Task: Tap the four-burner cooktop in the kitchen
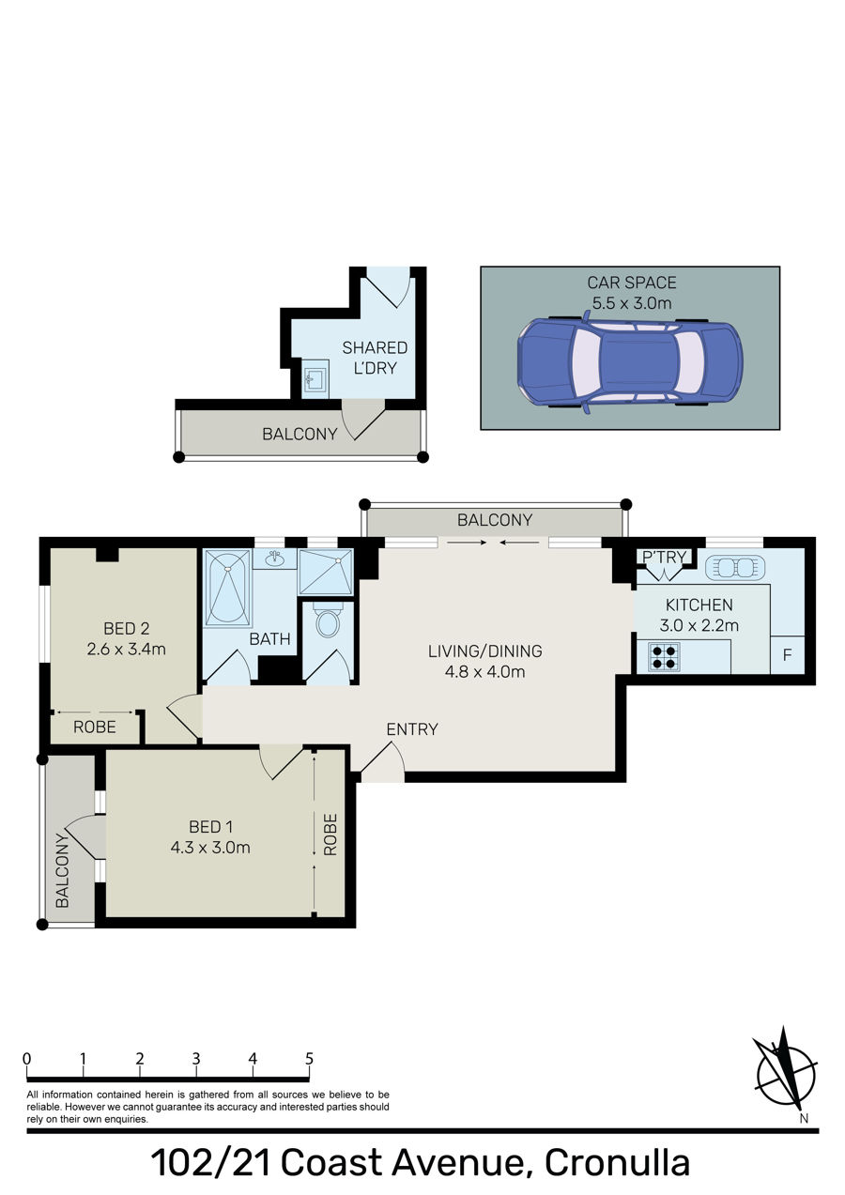coord(664,657)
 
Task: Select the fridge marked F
coord(787,655)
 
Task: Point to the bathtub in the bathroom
coord(227,587)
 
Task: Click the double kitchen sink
coord(735,567)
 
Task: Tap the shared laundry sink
coord(315,378)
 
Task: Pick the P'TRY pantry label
coord(664,557)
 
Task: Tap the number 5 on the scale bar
coord(309,1058)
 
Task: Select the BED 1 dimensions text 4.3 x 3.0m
coord(210,847)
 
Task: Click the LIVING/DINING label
coord(484,651)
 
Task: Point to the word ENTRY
coord(412,728)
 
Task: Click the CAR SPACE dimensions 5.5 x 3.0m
coord(632,303)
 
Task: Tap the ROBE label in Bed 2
coord(95,727)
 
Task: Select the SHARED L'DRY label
coord(375,358)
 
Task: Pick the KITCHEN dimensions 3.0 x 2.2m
coord(699,624)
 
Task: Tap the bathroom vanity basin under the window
coord(275,558)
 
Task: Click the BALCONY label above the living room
coord(495,520)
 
